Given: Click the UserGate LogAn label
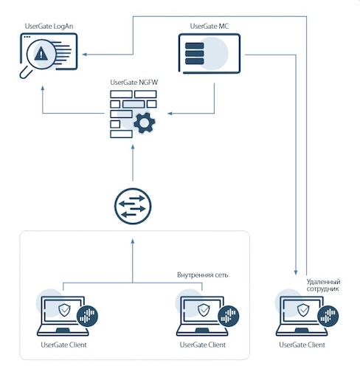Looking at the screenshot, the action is (49, 27).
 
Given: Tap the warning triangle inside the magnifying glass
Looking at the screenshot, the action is (41, 54).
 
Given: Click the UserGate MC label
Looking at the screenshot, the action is (210, 26).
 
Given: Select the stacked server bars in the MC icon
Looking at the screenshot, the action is (194, 54).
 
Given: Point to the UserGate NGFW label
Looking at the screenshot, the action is (134, 83).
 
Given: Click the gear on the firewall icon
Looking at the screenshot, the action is (145, 123).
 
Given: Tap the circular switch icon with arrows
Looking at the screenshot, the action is (133, 206).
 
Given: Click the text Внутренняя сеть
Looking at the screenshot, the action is (202, 275).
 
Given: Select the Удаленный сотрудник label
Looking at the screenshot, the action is (323, 285).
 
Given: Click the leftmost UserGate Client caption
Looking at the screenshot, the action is (63, 345).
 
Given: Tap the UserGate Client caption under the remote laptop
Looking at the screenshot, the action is (302, 345).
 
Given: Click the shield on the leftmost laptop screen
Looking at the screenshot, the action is (64, 310).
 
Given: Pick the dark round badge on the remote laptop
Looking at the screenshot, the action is (328, 316).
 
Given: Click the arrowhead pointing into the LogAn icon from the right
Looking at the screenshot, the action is (84, 54).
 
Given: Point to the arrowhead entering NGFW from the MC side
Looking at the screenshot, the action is (170, 114).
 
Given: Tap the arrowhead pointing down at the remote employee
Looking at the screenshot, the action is (296, 272).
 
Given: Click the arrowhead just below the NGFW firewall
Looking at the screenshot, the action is (133, 147).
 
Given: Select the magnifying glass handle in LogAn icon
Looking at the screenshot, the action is (26, 72).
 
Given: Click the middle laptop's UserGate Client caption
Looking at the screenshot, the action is (203, 345).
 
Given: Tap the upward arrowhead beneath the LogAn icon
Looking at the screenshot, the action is (43, 88).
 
